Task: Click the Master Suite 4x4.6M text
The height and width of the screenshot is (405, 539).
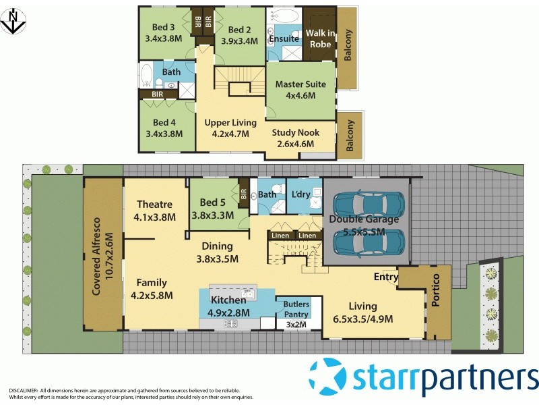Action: point(300,90)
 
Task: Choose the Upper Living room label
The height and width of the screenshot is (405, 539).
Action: point(230,128)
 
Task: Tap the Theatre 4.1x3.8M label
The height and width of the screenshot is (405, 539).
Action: point(155,211)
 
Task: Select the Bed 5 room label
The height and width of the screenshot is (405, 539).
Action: point(212,209)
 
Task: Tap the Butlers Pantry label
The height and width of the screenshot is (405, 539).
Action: point(296,309)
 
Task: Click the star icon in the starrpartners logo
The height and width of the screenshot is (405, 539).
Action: point(328,377)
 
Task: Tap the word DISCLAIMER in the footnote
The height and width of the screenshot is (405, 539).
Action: point(23,391)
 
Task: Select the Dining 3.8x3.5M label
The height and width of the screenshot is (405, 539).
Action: point(214,252)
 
